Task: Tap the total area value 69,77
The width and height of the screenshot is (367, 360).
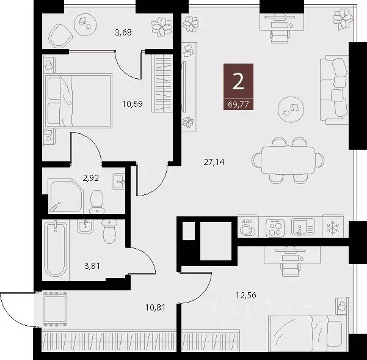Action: click(x=238, y=103)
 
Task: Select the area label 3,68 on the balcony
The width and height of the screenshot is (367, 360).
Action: click(x=124, y=32)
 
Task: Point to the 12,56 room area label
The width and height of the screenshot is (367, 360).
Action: click(x=246, y=296)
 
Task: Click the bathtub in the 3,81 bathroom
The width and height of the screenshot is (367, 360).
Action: click(x=56, y=249)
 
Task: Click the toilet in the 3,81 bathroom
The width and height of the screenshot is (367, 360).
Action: click(x=109, y=232)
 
